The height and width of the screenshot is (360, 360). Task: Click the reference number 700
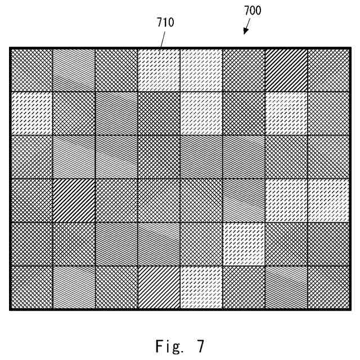coord(253,11)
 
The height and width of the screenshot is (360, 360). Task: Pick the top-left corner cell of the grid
coord(31,70)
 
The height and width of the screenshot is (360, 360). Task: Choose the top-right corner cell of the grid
coord(329,70)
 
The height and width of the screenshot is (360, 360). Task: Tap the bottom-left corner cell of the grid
coord(31,287)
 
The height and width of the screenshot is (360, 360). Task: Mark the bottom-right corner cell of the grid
coord(329,287)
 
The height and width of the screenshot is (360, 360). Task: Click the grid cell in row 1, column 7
coord(286,70)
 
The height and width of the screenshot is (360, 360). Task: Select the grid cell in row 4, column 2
coord(74,200)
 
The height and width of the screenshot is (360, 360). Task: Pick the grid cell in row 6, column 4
coord(159,287)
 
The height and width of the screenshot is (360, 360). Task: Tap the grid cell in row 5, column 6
coord(244,244)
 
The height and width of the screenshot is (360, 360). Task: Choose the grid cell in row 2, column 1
coord(31,113)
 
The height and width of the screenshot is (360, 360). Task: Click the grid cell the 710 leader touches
coord(159,70)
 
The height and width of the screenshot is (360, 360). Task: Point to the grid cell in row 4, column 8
coord(329,200)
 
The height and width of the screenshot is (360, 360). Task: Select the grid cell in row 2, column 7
coord(286,113)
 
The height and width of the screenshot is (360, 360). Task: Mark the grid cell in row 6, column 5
coord(201,287)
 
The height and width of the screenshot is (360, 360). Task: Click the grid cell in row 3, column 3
coord(116,157)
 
